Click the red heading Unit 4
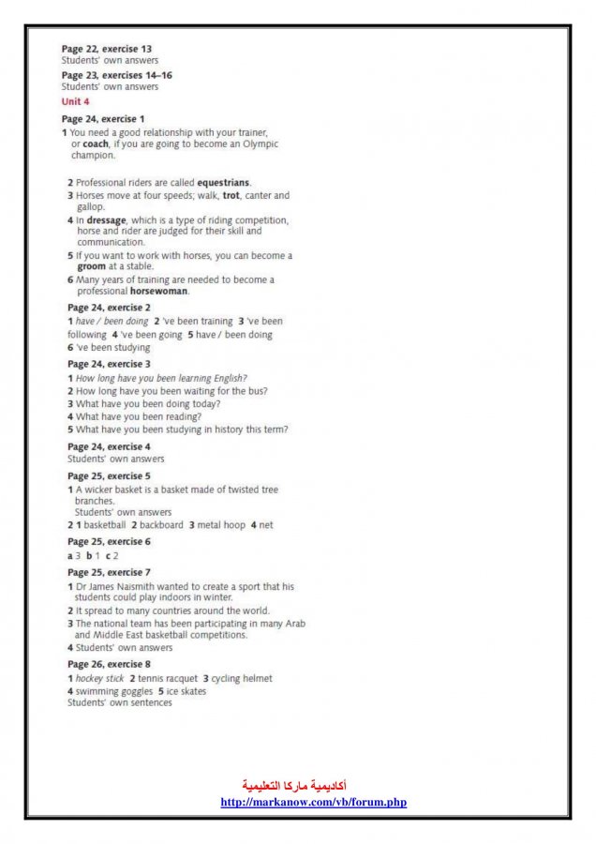pyautogui.click(x=76, y=101)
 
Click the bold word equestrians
pyautogui.click(x=223, y=182)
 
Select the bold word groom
pyautogui.click(x=92, y=266)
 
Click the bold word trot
pyautogui.click(x=231, y=195)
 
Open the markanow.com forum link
pyautogui.click(x=313, y=803)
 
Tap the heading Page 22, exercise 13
pyautogui.click(x=107, y=48)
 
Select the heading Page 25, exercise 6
pyautogui.click(x=109, y=542)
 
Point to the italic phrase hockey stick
pyautogui.click(x=99, y=678)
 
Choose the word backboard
pyautogui.click(x=161, y=525)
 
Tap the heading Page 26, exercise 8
pyautogui.click(x=109, y=664)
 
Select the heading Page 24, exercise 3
pyautogui.click(x=109, y=364)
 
